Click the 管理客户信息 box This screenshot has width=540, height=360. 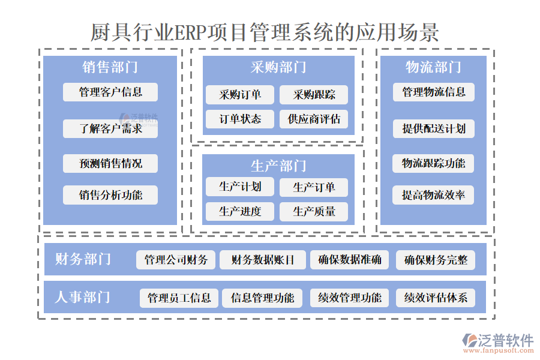[x=110, y=92]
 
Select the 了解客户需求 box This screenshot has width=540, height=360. [x=110, y=128]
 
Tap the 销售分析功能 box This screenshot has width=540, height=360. [x=110, y=195]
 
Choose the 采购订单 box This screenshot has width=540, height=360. [x=240, y=95]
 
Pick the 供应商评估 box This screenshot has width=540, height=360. [x=314, y=119]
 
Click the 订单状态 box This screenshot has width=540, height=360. [x=240, y=119]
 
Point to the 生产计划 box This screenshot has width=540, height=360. [x=240, y=187]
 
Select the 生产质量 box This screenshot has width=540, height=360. [x=314, y=211]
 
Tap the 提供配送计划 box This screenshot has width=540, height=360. [x=434, y=128]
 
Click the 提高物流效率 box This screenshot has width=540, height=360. [x=434, y=195]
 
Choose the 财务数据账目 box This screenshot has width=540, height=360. [x=263, y=260]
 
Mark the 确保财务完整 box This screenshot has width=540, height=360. [x=436, y=260]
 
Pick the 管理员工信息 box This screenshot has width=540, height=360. [x=179, y=298]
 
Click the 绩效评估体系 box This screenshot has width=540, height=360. [x=436, y=298]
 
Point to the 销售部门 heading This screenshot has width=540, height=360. [x=110, y=67]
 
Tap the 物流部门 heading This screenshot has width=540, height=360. [x=433, y=67]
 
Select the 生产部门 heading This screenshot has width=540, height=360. [x=278, y=165]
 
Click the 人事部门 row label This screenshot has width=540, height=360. [x=83, y=297]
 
